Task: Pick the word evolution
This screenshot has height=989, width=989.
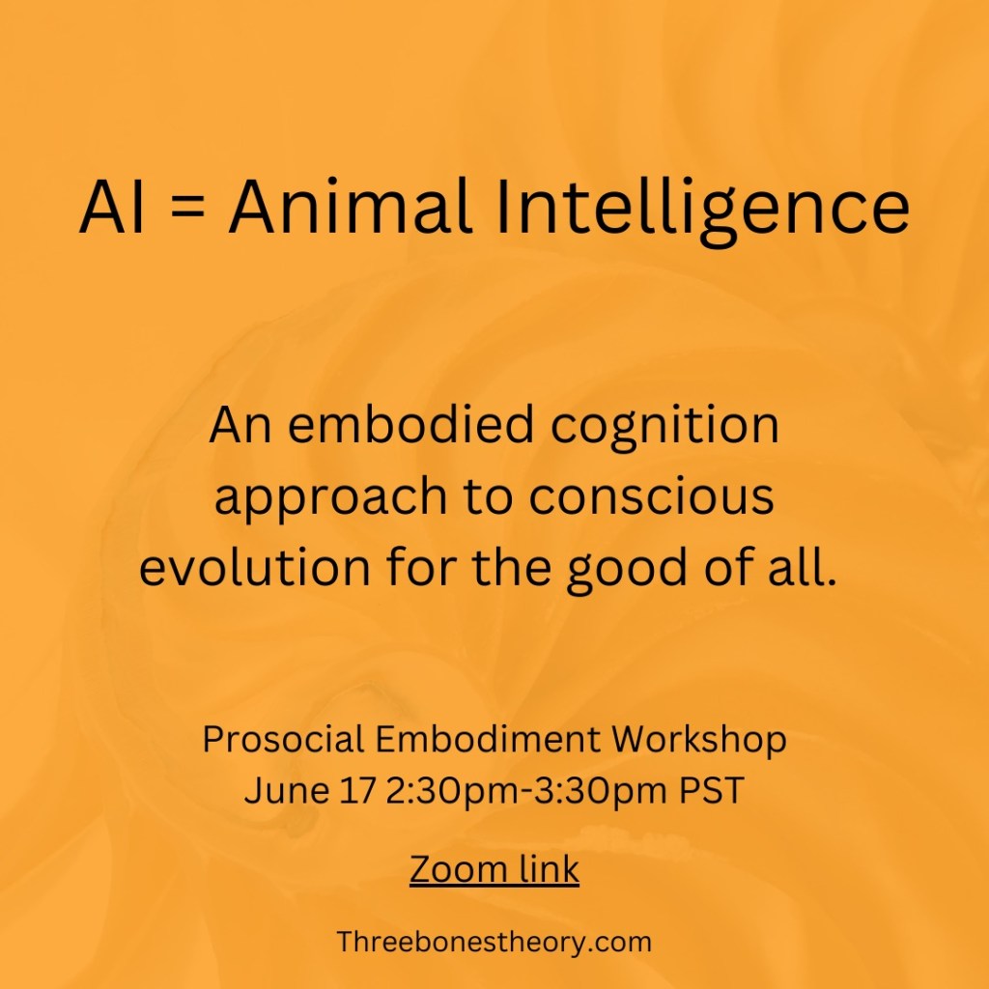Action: pyautogui.click(x=252, y=569)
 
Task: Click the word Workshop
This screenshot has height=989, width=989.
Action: pyautogui.click(x=699, y=741)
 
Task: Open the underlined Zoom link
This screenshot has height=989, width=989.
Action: pyautogui.click(x=494, y=868)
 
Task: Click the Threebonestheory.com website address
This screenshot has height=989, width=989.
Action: pyautogui.click(x=494, y=941)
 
